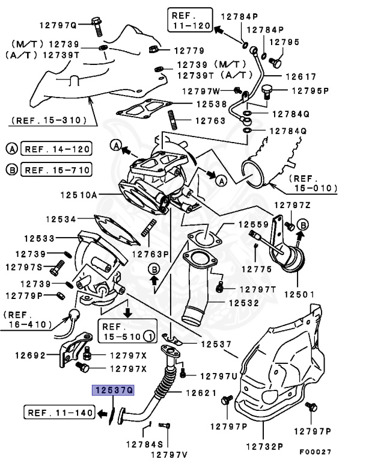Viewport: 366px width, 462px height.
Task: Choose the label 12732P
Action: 263,447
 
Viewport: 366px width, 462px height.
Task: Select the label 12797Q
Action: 58,25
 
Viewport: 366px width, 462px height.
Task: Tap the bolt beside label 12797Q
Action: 96,24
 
